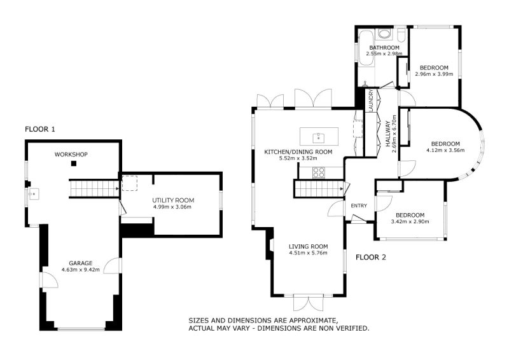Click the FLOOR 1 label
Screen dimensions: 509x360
40,129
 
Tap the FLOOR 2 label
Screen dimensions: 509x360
371,258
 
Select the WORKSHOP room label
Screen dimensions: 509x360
71,155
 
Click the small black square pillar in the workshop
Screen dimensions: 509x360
74,163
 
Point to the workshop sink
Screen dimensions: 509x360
34,194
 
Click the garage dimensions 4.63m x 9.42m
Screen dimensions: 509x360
81,270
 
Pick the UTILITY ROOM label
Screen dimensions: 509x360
173,200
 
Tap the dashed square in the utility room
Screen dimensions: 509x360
130,183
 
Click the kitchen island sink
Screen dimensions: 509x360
319,138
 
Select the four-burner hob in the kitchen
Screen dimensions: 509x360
319,172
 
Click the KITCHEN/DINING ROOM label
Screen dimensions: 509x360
298,152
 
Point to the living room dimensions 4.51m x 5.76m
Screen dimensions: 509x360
308,253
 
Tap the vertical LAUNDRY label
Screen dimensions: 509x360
372,100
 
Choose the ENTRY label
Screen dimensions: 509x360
359,206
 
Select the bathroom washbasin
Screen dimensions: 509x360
385,34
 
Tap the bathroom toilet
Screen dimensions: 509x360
401,35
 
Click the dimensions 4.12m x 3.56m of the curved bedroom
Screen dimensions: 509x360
445,150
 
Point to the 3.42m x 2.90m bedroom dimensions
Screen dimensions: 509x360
410,222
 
